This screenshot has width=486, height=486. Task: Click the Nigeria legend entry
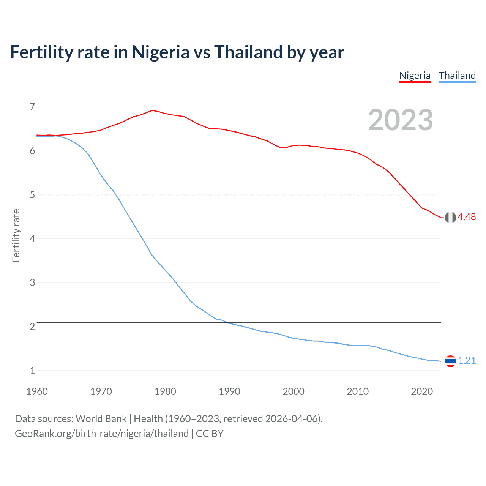(x=415, y=76)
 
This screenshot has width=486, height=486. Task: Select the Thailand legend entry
(x=457, y=76)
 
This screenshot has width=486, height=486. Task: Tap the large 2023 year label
(x=400, y=120)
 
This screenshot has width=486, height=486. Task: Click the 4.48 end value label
(x=467, y=217)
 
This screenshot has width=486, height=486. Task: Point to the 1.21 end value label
(x=467, y=361)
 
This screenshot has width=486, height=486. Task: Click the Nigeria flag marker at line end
(x=450, y=217)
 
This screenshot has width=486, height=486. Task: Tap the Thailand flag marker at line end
(x=450, y=361)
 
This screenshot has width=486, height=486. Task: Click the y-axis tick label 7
(x=32, y=107)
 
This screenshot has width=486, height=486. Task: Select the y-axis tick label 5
(x=32, y=195)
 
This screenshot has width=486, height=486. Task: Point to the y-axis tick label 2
(x=32, y=327)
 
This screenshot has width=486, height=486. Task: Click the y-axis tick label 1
(x=32, y=371)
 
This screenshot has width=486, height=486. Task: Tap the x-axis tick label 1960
(x=37, y=391)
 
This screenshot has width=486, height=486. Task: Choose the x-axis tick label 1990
(x=229, y=391)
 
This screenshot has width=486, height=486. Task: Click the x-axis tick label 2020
(x=422, y=391)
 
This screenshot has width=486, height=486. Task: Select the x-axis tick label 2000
(x=293, y=391)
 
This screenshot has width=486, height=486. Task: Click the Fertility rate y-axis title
(x=16, y=235)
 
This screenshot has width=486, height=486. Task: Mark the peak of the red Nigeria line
(x=152, y=110)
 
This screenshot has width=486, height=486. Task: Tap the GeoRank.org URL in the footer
(x=102, y=434)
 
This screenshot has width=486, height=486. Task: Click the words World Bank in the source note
(x=101, y=419)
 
